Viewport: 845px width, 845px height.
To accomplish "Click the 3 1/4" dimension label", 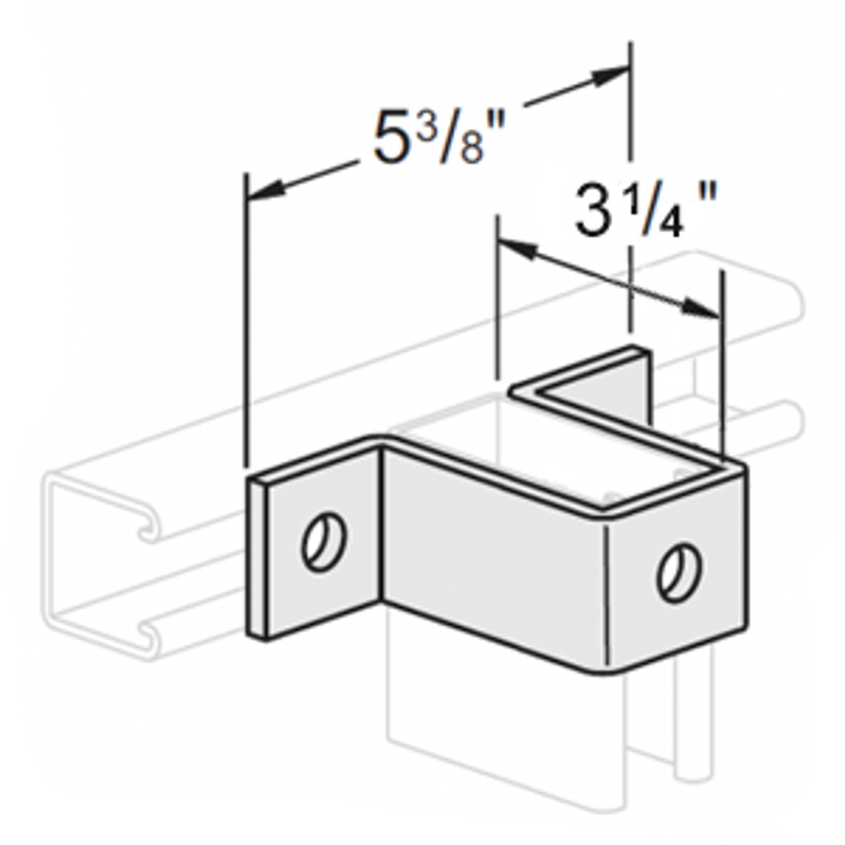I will (x=644, y=210).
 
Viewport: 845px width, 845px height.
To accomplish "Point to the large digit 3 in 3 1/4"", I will (x=591, y=210).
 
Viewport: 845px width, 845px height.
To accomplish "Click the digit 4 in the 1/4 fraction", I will (x=671, y=220).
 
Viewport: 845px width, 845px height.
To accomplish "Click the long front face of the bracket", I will (x=489, y=548).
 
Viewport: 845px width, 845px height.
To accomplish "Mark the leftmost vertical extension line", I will (x=246, y=317).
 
